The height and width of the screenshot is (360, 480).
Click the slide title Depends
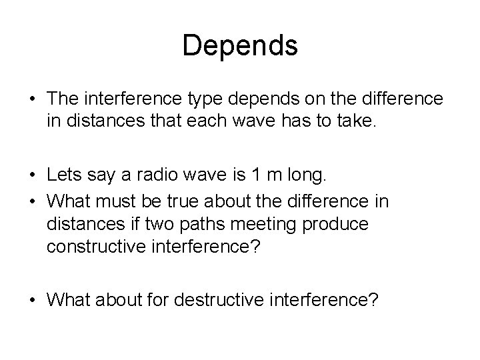(240, 45)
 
